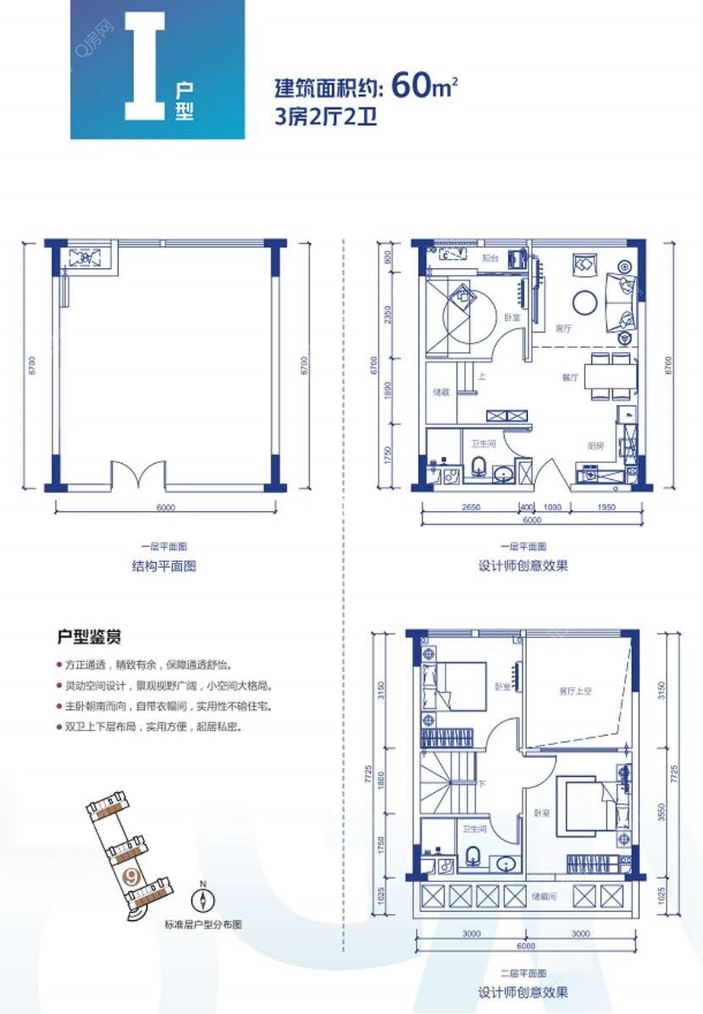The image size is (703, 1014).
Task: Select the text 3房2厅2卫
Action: [325, 117]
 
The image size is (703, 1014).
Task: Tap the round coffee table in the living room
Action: [585, 301]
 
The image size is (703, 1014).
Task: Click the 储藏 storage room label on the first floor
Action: [440, 392]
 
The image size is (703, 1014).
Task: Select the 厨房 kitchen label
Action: [595, 444]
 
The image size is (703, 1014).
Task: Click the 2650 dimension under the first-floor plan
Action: [472, 508]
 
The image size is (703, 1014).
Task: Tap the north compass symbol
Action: [203, 900]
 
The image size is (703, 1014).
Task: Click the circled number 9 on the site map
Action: [131, 876]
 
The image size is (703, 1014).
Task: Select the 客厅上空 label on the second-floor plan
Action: [575, 691]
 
